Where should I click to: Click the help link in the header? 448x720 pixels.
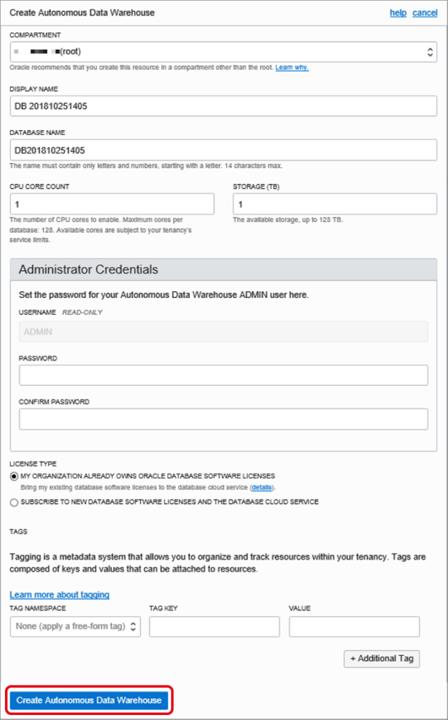point(398,13)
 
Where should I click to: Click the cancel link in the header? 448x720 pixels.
point(425,13)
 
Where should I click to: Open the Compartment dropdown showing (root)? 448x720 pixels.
point(223,51)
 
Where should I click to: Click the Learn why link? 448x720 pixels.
point(292,67)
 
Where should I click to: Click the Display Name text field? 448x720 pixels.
point(223,106)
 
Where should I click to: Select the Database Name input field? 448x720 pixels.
point(223,150)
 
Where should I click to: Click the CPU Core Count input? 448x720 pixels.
point(112,204)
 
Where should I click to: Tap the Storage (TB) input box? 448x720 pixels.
point(335,204)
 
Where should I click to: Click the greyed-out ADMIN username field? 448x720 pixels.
point(224,332)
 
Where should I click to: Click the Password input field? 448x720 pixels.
point(224,375)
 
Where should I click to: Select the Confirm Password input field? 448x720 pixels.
point(224,419)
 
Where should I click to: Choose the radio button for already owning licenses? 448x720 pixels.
point(14,476)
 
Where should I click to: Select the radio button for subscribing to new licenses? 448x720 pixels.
point(14,502)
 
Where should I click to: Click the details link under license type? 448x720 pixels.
point(262,487)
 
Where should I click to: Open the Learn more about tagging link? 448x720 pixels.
point(59,595)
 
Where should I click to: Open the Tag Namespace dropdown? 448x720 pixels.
point(75,626)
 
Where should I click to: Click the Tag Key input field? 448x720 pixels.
point(214,626)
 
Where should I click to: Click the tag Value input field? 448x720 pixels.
point(354,626)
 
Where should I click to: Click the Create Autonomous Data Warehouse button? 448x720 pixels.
point(89,700)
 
